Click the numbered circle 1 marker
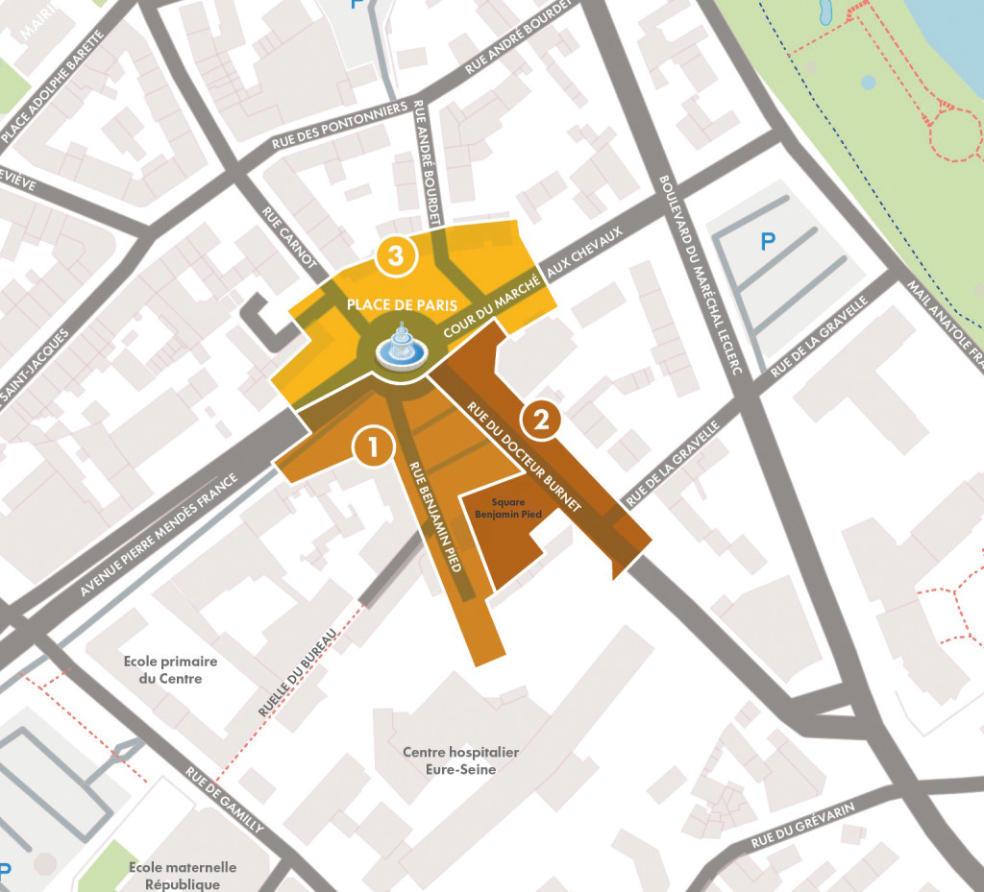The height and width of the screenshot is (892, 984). point(373,446)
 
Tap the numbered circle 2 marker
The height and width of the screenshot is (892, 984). point(540,420)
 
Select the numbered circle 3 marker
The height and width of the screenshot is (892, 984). point(396,255)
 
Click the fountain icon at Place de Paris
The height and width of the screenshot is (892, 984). point(401,348)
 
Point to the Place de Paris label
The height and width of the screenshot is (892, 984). point(395,304)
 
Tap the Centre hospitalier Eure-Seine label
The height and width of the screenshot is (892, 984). point(460,760)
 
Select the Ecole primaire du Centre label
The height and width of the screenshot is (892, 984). point(170,670)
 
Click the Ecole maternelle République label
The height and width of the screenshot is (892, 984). point(182,876)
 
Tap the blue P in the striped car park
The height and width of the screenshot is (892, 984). point(767,242)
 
